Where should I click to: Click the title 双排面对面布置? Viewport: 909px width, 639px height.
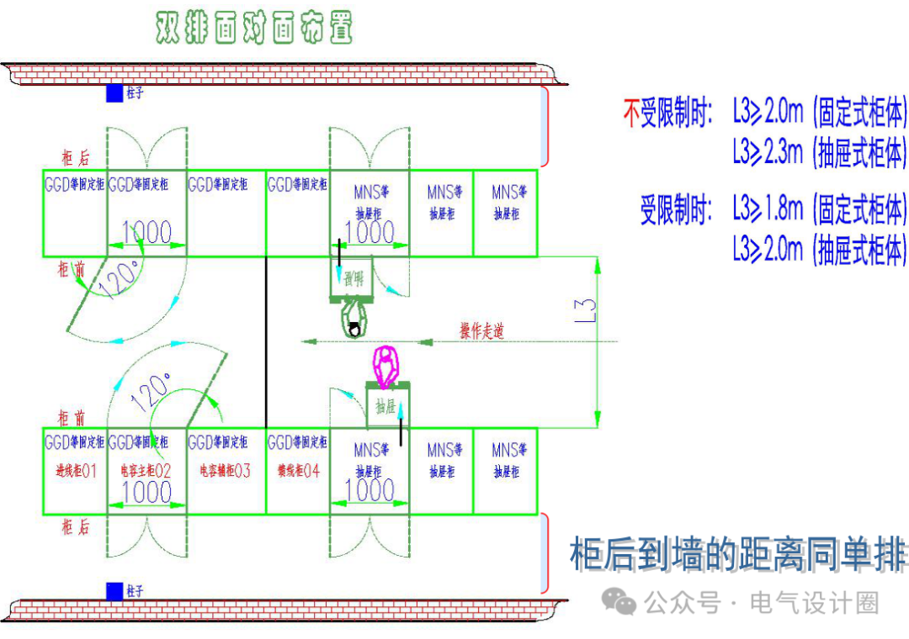253,28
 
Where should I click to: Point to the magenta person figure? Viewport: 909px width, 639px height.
388,363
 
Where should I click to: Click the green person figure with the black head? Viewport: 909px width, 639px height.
356,321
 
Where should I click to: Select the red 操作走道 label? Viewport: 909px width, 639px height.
481,331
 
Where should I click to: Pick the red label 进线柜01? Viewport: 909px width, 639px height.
75,472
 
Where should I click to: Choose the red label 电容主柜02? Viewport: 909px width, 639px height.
146,472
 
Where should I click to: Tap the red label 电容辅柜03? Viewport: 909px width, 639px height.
225,472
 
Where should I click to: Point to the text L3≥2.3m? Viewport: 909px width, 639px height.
768,153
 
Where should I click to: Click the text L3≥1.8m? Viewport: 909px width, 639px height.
768,208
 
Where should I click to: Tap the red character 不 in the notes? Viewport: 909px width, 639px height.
632,114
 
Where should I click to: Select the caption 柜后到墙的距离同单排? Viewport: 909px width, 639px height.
738,555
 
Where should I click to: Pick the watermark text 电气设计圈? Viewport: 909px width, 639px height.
813,603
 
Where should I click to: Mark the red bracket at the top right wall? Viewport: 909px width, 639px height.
545,126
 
